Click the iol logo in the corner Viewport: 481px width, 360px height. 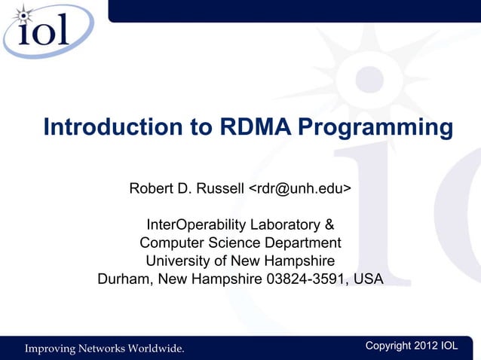47,32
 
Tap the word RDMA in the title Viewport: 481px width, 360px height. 256,127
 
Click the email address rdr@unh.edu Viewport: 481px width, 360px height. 299,188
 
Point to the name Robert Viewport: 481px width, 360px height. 155,188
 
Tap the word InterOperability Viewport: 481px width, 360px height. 199,225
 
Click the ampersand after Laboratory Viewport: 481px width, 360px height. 329,225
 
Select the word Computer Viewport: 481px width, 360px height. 172,243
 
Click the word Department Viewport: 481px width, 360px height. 299,243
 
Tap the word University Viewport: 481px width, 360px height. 178,261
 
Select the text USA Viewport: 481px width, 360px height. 369,279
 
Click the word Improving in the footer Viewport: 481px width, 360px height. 54,348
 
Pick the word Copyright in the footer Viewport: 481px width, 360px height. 388,346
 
